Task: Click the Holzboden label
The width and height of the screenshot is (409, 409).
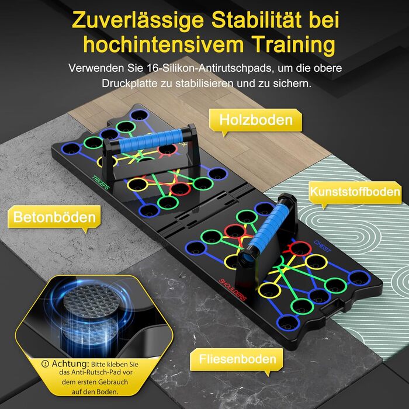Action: [x=256, y=120]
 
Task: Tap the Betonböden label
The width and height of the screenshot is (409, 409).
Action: [x=54, y=217]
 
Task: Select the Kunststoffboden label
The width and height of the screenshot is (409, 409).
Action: [x=355, y=192]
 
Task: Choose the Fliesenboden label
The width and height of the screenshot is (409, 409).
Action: [x=237, y=359]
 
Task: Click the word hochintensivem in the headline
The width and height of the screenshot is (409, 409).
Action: [x=164, y=44]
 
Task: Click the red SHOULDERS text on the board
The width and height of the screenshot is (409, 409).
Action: [x=233, y=290]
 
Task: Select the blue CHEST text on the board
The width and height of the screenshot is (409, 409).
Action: [x=323, y=246]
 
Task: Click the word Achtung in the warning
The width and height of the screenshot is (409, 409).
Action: [x=70, y=363]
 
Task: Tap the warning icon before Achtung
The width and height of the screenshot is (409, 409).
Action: [x=45, y=364]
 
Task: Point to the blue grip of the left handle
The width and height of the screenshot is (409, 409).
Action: [x=151, y=141]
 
